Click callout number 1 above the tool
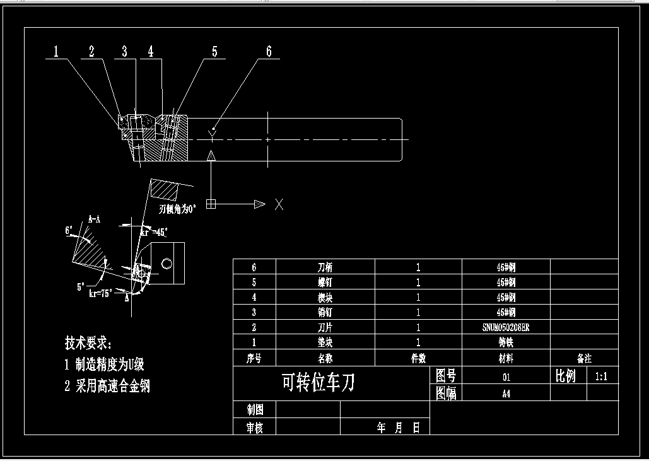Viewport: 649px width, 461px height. (x=56, y=52)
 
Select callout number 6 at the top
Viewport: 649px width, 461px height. (x=269, y=52)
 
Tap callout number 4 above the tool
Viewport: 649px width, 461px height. (x=151, y=52)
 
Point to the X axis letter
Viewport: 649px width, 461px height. (x=279, y=204)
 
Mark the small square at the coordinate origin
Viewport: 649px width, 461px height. (x=211, y=204)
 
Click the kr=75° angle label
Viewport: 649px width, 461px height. (x=101, y=292)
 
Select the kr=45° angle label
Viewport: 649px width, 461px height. (x=153, y=232)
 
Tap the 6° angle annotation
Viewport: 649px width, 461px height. (x=69, y=231)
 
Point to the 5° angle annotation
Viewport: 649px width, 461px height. (x=81, y=287)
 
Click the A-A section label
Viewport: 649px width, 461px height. (x=94, y=219)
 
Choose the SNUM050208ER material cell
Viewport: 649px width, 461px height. (x=506, y=327)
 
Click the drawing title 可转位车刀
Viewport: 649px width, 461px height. (x=318, y=382)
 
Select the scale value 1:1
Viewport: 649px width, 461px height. (x=602, y=376)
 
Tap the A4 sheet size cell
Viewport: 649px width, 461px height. (x=506, y=394)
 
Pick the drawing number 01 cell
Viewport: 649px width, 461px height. (x=506, y=377)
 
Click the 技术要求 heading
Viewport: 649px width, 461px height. (x=88, y=343)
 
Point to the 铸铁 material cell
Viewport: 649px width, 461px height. (x=506, y=342)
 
